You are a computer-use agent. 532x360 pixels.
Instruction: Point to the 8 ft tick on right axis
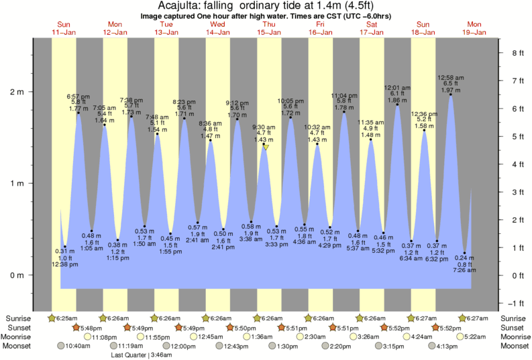pyautogui.click(x=517, y=52)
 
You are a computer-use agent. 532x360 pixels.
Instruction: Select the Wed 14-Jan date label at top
pyautogui.click(x=217, y=27)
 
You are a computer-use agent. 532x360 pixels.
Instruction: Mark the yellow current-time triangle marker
pyautogui.click(x=266, y=146)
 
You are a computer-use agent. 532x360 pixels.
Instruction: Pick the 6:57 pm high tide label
pyautogui.click(x=78, y=97)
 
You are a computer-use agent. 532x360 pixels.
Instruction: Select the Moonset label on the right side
pyautogui.click(x=513, y=346)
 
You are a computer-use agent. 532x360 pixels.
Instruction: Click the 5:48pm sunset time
pyautogui.click(x=92, y=327)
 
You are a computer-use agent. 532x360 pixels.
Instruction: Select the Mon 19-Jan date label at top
pyautogui.click(x=474, y=27)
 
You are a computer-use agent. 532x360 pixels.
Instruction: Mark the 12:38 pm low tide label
pyautogui.click(x=65, y=264)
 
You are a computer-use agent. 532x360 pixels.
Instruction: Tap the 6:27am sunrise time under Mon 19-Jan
pyautogui.click(x=477, y=318)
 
